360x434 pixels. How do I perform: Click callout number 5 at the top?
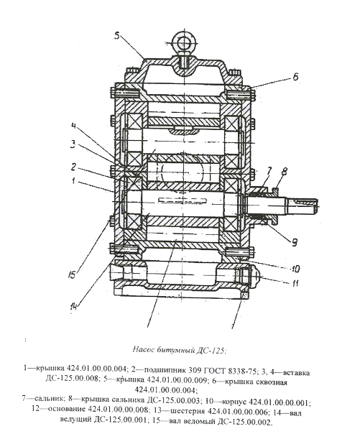tap(117, 36)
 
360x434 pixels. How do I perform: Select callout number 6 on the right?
tap(296, 76)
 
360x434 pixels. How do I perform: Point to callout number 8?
tap(284, 172)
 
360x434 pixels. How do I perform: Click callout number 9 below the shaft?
tap(294, 242)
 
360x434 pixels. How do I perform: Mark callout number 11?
tap(295, 283)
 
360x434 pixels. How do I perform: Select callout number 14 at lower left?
tap(74, 306)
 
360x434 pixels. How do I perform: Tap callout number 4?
tap(73, 126)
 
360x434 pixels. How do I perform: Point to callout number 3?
tap(73, 145)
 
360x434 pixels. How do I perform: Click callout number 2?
tap(73, 167)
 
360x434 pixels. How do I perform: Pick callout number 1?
tap(73, 181)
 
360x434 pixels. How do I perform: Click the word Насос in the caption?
tap(142, 349)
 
